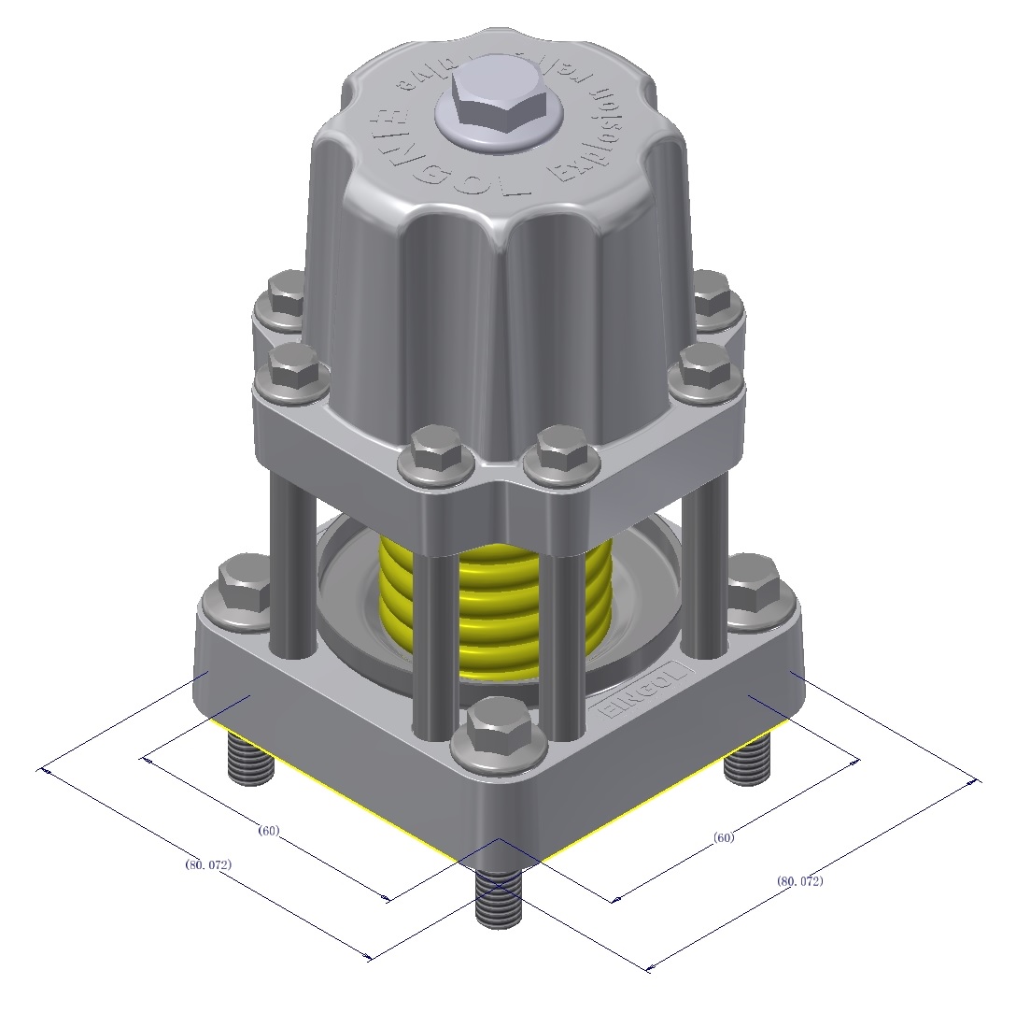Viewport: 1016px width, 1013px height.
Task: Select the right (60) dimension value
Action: [x=724, y=837]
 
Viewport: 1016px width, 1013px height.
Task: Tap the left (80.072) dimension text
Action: [x=208, y=864]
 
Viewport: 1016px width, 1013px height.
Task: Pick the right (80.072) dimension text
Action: [x=799, y=880]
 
